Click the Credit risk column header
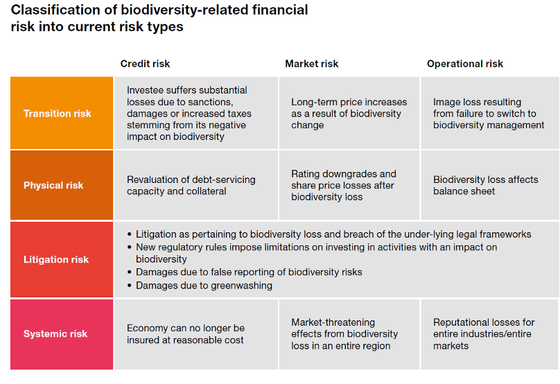[145, 64]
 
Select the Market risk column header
[311, 64]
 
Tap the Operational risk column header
[465, 64]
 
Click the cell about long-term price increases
[349, 113]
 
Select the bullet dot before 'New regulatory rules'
[130, 247]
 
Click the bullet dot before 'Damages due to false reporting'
[130, 272]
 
